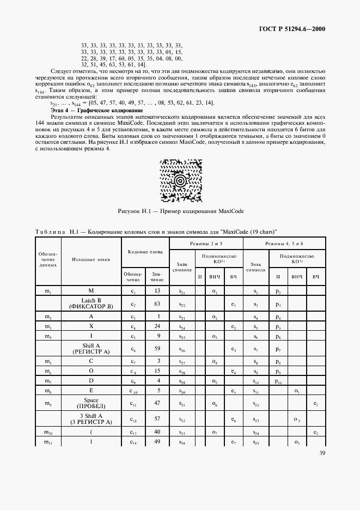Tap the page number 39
322,467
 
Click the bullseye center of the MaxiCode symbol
180,179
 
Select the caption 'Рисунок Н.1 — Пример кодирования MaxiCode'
180,210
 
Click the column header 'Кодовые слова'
145,252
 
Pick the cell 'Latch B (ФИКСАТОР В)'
91,303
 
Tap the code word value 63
157,303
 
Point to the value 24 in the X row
157,327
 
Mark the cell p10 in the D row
278,382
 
